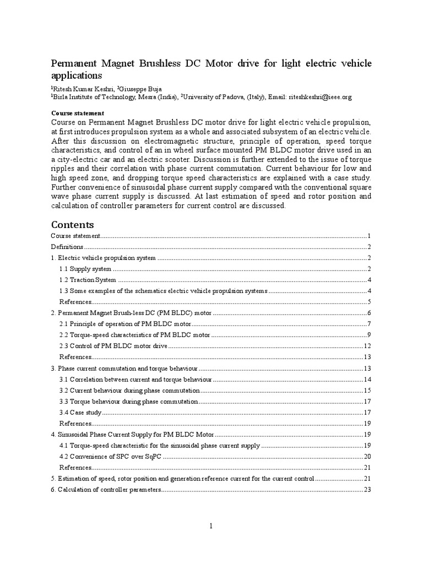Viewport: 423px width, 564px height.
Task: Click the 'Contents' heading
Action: (x=72, y=225)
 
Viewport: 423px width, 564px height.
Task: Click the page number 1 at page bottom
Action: (x=211, y=527)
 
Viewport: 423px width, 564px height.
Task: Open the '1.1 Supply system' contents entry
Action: (x=85, y=269)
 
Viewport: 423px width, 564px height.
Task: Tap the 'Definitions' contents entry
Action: (x=67, y=247)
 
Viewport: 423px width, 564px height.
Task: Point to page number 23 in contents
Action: (x=368, y=489)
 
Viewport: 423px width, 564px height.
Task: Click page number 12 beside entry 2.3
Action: (x=368, y=346)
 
